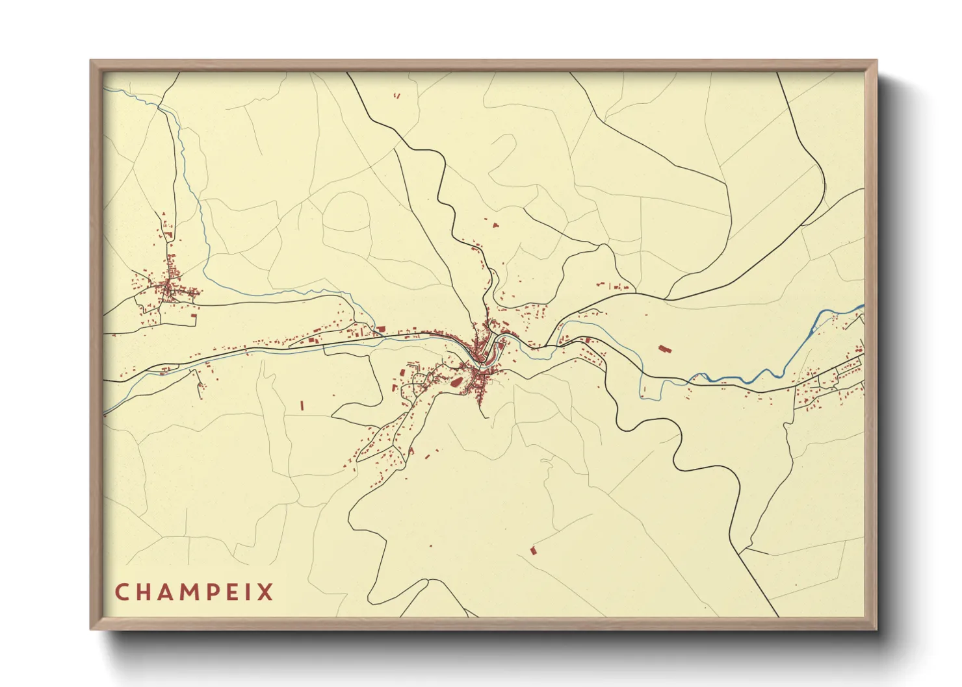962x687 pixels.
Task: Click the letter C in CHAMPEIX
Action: [122, 592]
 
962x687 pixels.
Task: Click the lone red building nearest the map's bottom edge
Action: [534, 551]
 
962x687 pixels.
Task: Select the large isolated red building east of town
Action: [664, 349]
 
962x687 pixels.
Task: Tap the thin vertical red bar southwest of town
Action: [302, 405]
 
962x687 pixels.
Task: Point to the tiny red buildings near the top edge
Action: [396, 96]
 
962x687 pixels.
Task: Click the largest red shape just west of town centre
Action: [458, 383]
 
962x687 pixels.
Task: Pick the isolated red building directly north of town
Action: [495, 226]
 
